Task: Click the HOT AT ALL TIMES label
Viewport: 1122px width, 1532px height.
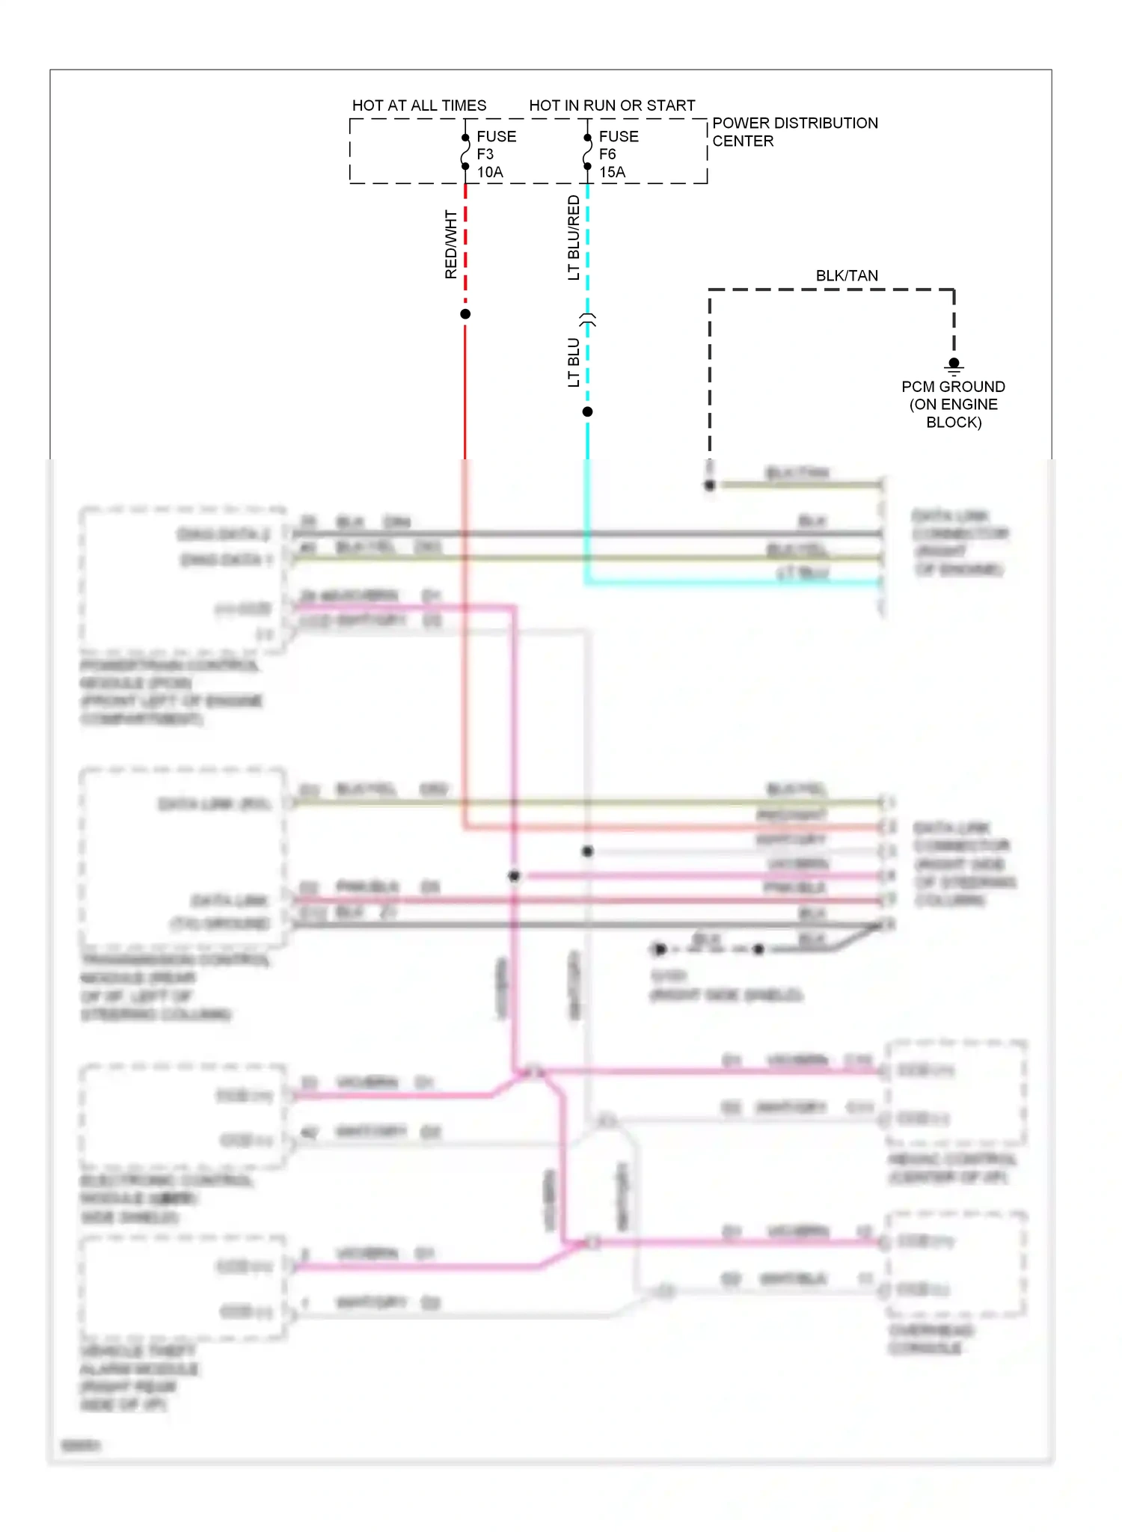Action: [x=419, y=105]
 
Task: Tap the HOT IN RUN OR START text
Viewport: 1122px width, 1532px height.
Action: [x=612, y=105]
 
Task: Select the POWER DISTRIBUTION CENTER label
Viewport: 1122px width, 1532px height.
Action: [x=794, y=132]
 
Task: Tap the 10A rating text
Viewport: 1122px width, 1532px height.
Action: [x=490, y=172]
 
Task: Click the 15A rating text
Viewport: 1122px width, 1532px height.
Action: [x=612, y=172]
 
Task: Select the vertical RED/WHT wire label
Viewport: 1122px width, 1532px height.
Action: [x=451, y=245]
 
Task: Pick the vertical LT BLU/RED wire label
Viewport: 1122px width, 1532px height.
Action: [x=574, y=238]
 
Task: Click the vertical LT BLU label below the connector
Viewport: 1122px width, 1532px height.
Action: [x=574, y=362]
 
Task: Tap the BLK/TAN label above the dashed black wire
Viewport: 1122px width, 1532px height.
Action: [x=847, y=276]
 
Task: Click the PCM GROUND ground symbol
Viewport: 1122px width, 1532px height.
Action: [x=954, y=366]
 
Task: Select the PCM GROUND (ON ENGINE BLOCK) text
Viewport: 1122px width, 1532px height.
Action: [x=953, y=405]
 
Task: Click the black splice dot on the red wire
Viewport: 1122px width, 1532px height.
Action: [x=465, y=314]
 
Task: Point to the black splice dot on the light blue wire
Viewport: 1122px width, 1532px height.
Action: [x=587, y=412]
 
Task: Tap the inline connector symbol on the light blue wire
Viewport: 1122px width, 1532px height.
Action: [x=588, y=320]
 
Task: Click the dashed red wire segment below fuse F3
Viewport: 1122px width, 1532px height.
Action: [x=465, y=239]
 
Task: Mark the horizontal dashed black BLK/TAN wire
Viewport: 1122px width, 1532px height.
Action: [x=830, y=289]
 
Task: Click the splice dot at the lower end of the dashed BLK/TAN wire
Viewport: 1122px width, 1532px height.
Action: [x=710, y=485]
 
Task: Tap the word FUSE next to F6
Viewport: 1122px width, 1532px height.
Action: [x=619, y=137]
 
